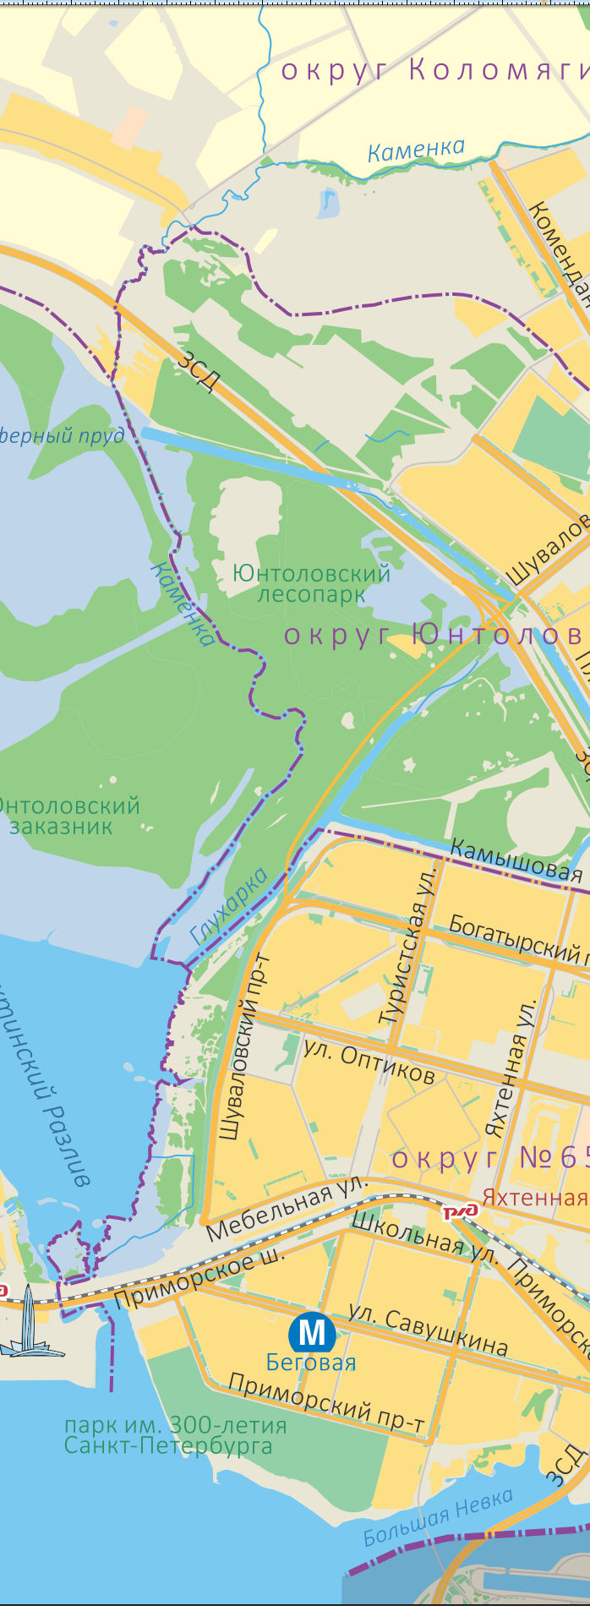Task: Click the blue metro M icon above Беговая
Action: coord(312,1333)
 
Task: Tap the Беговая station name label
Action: coord(310,1363)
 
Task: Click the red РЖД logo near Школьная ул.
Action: coord(461,1211)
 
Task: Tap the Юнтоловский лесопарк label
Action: coord(311,584)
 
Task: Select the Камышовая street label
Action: coord(516,860)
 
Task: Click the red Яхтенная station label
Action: coord(534,1197)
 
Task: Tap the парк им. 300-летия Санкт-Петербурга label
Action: coord(175,1435)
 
